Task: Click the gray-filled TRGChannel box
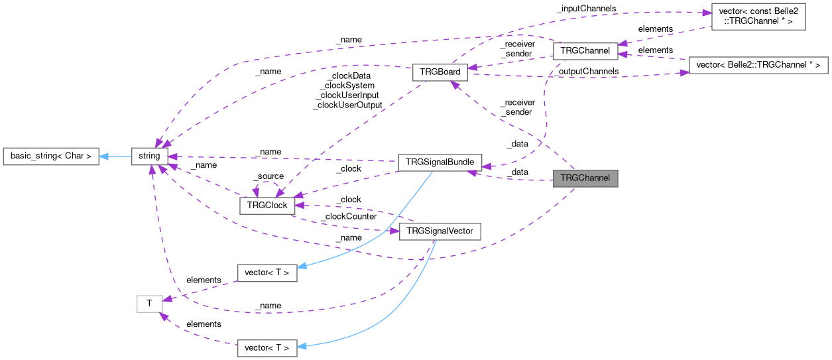(x=585, y=178)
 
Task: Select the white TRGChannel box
(x=585, y=51)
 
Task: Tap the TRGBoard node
(x=440, y=72)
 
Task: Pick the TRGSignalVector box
(x=440, y=231)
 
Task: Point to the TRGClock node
(x=267, y=206)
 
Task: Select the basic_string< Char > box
(x=51, y=156)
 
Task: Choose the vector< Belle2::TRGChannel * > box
(x=758, y=65)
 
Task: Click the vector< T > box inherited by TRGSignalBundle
(x=267, y=272)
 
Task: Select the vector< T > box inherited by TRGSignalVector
(x=267, y=347)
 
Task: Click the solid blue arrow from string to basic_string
(x=115, y=156)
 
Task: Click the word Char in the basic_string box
(x=74, y=156)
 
